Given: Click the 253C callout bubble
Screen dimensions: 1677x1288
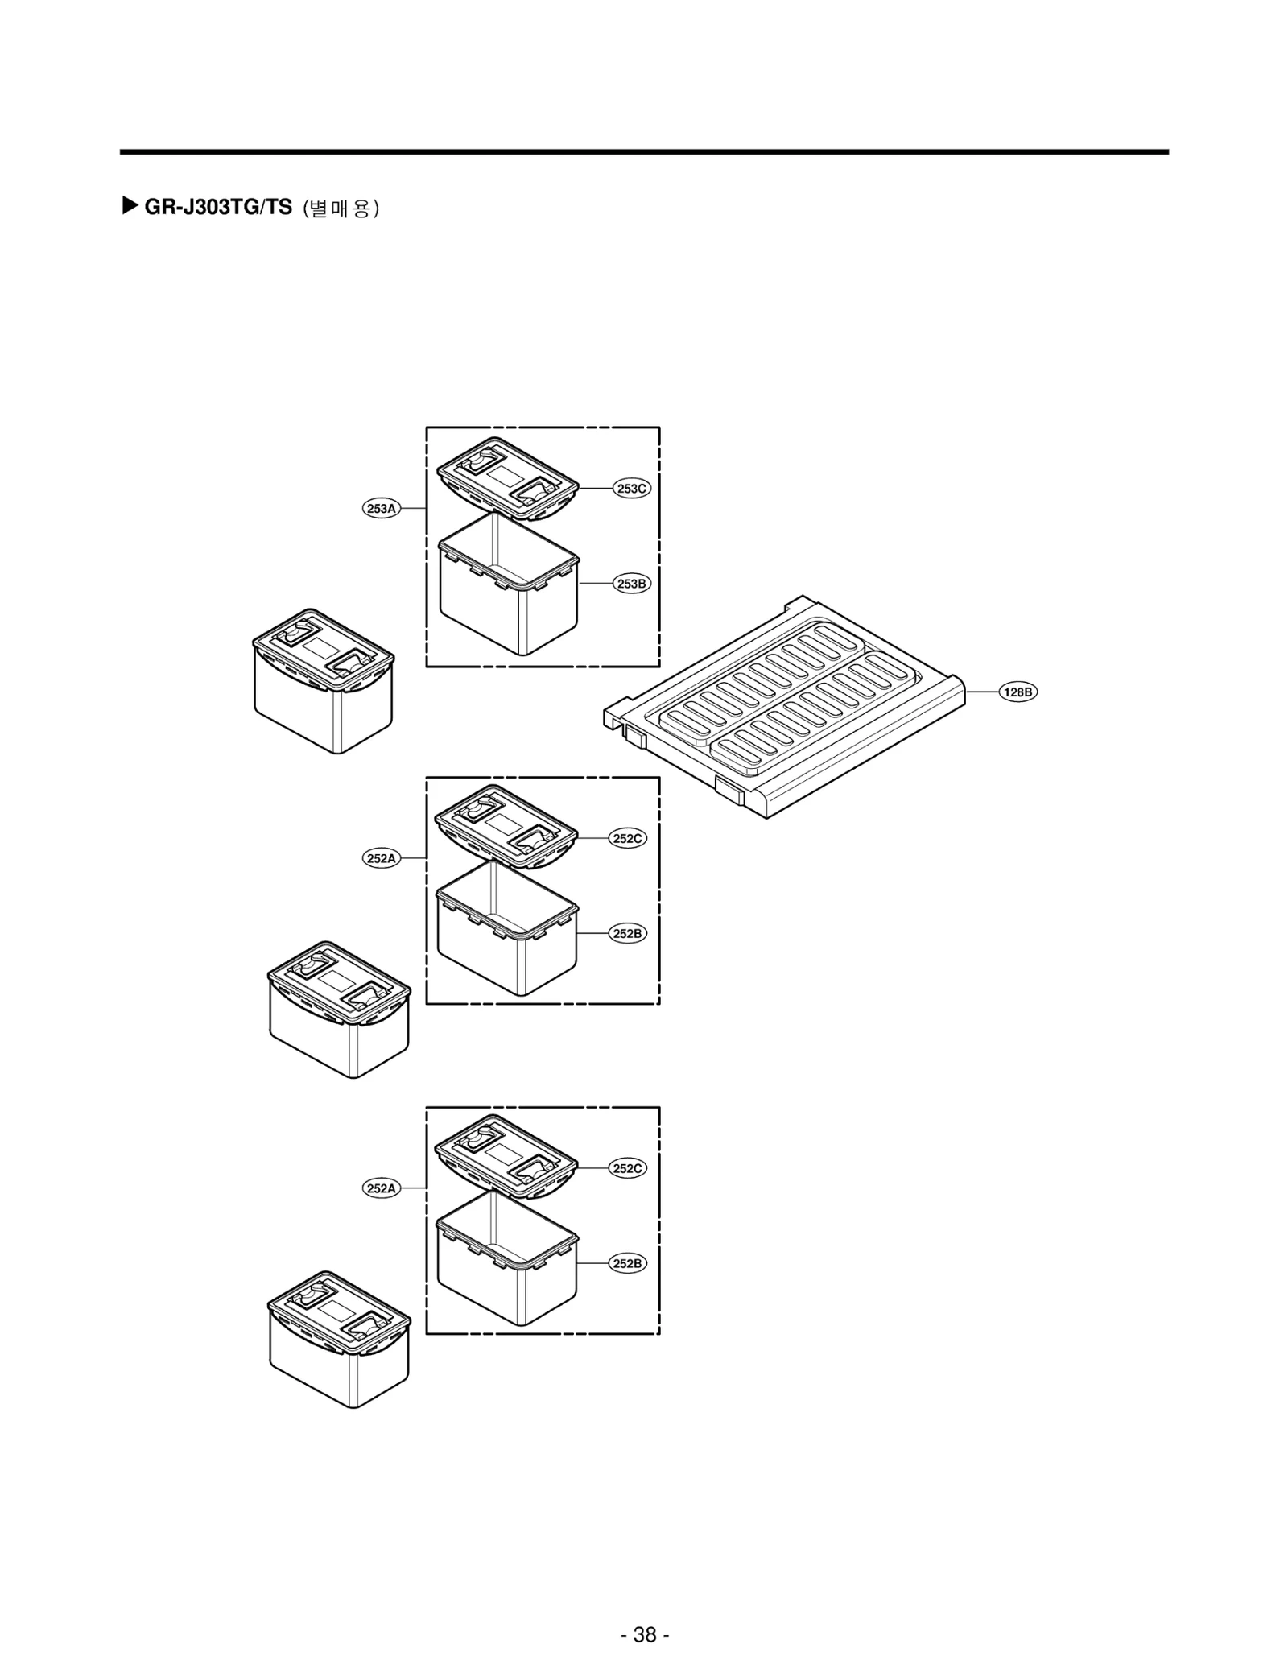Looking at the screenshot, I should [x=632, y=489].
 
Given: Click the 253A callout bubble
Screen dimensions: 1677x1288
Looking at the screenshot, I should [x=381, y=509].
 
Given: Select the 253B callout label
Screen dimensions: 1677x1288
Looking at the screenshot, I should [x=632, y=584].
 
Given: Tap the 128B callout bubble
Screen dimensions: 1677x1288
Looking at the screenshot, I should [x=1018, y=692].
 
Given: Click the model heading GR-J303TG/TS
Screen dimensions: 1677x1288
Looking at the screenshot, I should [x=217, y=208].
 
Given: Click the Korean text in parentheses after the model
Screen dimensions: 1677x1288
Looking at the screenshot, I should [x=341, y=209].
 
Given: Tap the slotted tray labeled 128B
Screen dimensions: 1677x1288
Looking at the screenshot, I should [x=785, y=708].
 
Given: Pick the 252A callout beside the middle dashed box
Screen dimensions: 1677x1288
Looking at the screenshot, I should [x=381, y=858].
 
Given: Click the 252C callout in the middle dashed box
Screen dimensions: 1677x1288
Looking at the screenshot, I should [x=628, y=838].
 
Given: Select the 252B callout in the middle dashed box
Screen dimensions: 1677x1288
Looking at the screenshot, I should [x=628, y=933].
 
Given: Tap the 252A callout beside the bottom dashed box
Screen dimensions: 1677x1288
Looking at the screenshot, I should [x=381, y=1188].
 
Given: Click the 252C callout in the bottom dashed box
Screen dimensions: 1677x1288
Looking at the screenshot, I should [x=628, y=1168].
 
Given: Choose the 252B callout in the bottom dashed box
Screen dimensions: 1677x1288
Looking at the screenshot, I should [x=628, y=1263].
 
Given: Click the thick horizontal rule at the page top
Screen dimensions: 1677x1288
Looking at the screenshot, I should [x=644, y=151].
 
